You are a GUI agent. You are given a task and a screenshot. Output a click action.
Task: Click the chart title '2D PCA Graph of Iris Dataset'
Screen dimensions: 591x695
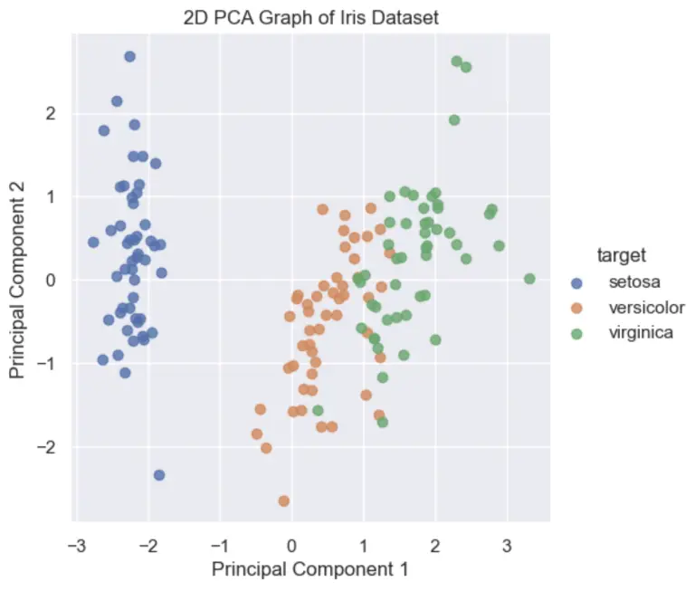[310, 17]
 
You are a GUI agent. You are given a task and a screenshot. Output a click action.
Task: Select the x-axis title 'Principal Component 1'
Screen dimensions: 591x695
[310, 570]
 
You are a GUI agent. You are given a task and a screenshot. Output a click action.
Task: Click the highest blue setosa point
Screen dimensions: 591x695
[129, 56]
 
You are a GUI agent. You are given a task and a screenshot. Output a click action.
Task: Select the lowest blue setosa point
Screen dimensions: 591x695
[159, 475]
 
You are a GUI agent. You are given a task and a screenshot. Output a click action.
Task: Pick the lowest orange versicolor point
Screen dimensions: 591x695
[284, 500]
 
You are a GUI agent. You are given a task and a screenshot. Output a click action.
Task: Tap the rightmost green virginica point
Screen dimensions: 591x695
[529, 279]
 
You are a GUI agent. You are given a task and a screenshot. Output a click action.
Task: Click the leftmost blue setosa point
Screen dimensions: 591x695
[93, 242]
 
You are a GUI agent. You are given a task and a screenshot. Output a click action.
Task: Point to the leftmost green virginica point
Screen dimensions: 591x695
[318, 410]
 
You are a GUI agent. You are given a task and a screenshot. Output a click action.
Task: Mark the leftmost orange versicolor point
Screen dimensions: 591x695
[257, 434]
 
